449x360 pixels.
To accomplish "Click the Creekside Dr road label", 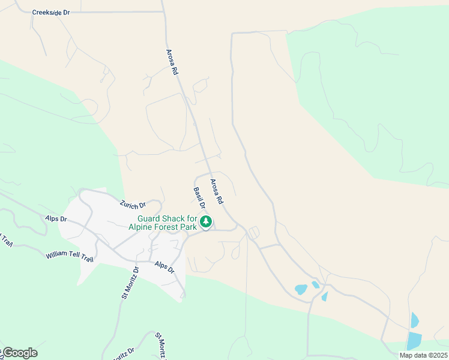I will point(50,12).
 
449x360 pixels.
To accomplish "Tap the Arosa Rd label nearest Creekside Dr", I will point(172,62).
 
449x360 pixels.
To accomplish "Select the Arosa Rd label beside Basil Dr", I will point(217,191).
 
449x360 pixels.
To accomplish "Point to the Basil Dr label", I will point(199,199).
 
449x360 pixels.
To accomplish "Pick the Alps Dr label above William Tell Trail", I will point(55,219).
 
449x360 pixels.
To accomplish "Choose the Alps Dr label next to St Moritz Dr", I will point(164,267).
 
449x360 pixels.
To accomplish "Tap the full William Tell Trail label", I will point(70,256).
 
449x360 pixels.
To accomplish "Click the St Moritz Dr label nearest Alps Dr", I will point(131,282).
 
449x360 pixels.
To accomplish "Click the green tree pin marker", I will point(206,223).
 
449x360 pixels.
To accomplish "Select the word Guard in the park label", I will point(150,219).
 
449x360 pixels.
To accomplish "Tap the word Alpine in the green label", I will point(141,227).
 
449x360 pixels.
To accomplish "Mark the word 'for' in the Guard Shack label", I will point(193,219).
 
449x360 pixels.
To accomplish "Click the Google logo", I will point(20,353).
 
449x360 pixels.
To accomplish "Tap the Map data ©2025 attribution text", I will point(423,355).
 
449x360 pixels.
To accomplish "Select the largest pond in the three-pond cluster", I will point(301,289).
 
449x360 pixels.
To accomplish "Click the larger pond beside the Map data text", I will point(414,341).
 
